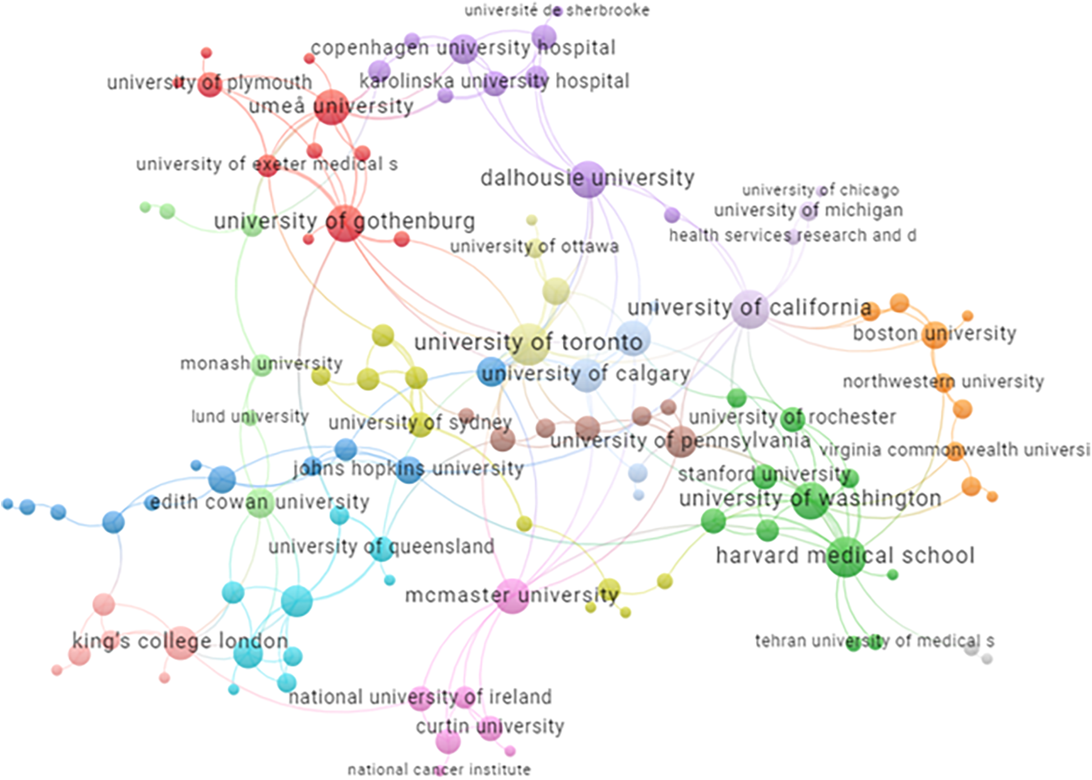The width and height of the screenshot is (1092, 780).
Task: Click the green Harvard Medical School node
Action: tap(845, 556)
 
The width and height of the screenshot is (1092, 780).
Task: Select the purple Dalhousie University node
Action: tap(588, 179)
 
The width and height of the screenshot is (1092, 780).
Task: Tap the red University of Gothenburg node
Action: tap(345, 223)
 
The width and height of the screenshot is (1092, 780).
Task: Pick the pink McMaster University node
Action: tap(512, 596)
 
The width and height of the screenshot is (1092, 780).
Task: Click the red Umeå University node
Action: tap(331, 106)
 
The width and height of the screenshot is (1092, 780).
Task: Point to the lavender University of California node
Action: tap(749, 309)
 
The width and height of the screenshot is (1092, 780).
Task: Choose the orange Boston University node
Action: tap(935, 335)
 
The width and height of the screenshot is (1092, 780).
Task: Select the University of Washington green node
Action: tap(811, 500)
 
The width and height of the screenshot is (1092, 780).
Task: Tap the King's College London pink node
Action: tap(181, 643)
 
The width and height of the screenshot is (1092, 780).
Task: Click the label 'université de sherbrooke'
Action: tap(557, 11)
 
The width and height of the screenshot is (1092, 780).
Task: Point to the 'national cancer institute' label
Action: tap(439, 770)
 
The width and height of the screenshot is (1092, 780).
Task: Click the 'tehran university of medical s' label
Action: tap(874, 640)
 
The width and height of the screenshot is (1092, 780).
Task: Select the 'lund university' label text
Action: tap(250, 416)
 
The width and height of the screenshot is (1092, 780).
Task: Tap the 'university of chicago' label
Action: tap(820, 191)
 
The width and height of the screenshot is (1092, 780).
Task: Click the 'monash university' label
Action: tap(261, 364)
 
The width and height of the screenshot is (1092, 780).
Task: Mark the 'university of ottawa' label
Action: tap(534, 247)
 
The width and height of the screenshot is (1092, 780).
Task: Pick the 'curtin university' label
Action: tap(490, 727)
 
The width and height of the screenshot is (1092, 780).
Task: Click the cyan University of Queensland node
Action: tap(382, 549)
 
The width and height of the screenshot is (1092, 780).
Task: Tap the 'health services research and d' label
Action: tap(792, 235)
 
